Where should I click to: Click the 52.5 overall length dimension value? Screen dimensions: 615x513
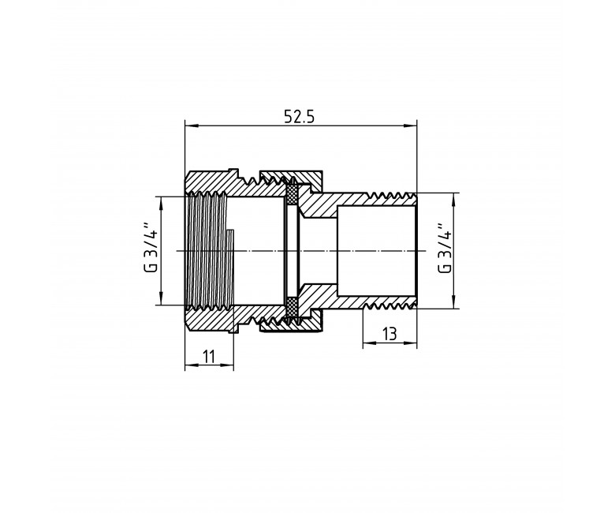pyautogui.click(x=300, y=117)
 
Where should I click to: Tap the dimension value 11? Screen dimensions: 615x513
pyautogui.click(x=210, y=357)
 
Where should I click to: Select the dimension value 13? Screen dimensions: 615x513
pyautogui.click(x=389, y=335)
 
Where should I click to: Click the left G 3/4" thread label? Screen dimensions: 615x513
pyautogui.click(x=151, y=247)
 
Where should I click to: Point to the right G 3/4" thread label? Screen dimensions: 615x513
pyautogui.click(x=445, y=248)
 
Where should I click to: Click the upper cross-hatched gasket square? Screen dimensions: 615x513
pyautogui.click(x=293, y=195)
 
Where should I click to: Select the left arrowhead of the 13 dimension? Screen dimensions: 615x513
pyautogui.click(x=368, y=343)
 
